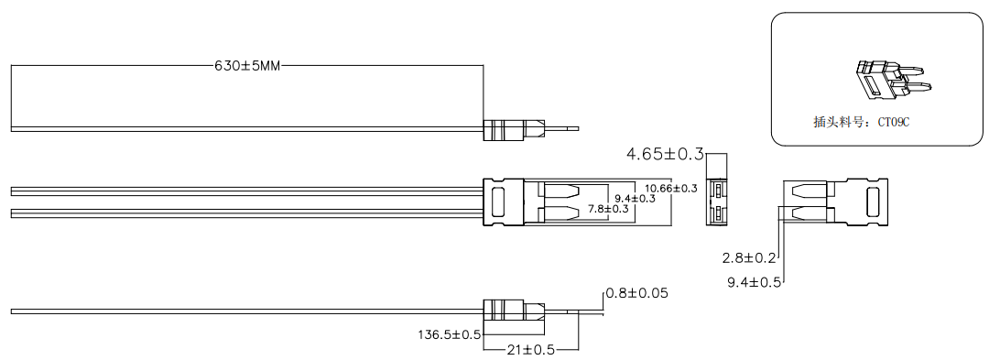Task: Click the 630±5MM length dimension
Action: click(x=247, y=66)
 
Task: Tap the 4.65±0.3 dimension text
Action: click(x=664, y=153)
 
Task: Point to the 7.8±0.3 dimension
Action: click(x=608, y=209)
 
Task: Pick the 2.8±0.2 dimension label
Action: click(x=749, y=257)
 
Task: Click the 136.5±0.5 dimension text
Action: click(x=449, y=333)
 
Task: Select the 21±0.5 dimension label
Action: click(x=531, y=349)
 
